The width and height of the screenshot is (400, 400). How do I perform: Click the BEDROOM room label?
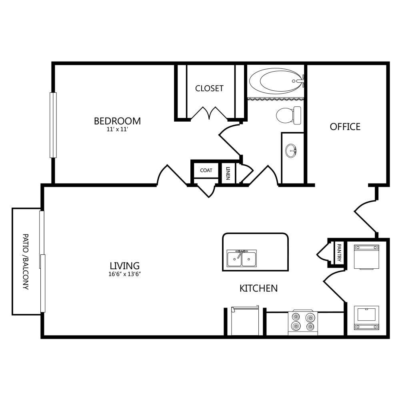pos(117,121)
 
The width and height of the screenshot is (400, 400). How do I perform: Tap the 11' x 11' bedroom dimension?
pos(117,129)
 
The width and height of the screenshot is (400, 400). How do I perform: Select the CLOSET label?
pos(209,88)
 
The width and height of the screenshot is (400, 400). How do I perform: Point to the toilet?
pos(288,115)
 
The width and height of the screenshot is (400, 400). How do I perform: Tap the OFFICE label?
pos(345,126)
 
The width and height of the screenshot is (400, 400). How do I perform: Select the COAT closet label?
pos(206,170)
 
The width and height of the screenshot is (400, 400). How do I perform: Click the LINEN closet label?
pos(228,173)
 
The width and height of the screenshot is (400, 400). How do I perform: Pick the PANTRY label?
pos(339,252)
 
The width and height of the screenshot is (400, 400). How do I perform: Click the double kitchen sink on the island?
pos(242,258)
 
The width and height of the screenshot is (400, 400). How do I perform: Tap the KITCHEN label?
pos(258,288)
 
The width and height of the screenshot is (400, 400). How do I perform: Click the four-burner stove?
pos(303,323)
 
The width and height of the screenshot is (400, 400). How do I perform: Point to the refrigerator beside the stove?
pos(245,321)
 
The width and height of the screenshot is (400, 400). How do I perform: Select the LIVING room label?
pos(125,266)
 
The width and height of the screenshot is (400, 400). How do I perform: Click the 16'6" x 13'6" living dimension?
pos(125,274)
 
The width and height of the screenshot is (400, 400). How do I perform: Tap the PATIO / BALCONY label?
pos(26,262)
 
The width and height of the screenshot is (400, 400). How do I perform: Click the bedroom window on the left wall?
pos(53,125)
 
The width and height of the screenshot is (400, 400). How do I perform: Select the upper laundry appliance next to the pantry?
pos(366,257)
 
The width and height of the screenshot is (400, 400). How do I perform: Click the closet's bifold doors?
pos(209,113)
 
